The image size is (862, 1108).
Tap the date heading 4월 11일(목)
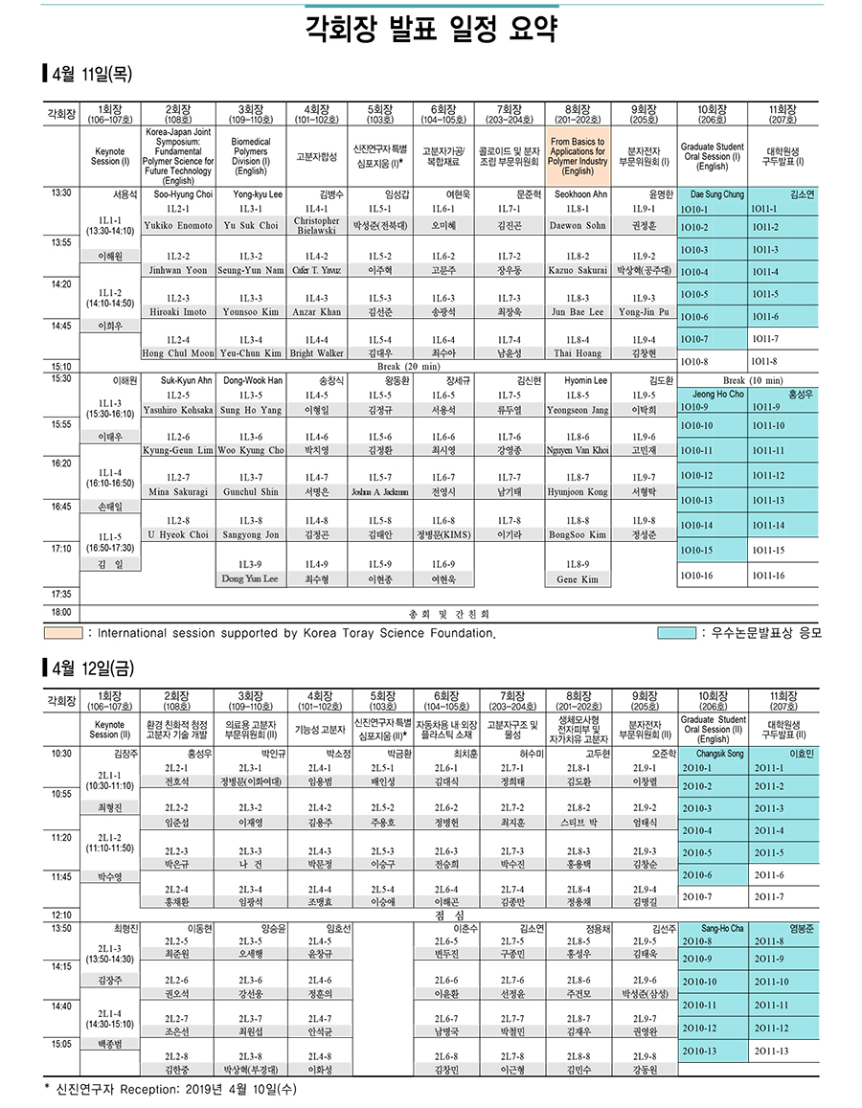(88, 73)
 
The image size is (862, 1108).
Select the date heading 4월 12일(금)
(88, 665)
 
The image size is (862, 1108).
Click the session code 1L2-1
(178, 209)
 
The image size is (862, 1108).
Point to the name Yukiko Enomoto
(178, 226)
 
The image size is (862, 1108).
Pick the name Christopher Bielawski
(316, 226)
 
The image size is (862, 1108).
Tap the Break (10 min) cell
(748, 380)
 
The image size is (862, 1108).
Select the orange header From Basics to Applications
(578, 157)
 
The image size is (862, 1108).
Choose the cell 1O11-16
(767, 576)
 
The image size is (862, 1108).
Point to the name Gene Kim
(578, 580)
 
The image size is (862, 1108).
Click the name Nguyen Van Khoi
(578, 450)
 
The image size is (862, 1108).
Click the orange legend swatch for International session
(62, 633)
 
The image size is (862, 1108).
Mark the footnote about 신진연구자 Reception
(172, 1089)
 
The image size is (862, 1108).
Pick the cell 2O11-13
(770, 1051)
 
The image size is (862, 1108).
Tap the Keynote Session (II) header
(110, 730)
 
